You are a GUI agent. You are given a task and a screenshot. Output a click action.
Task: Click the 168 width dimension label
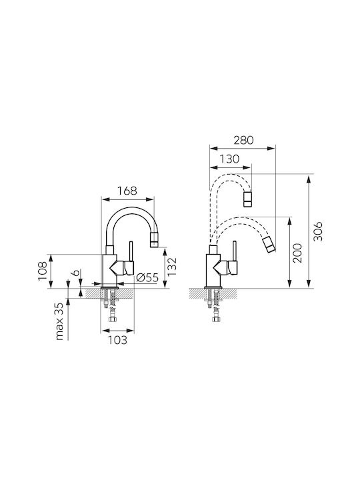[x=127, y=191]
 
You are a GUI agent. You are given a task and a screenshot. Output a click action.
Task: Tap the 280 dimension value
[x=244, y=140]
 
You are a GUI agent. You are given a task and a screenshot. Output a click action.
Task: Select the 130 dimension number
[x=229, y=159]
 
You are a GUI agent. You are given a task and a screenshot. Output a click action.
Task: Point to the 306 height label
[x=319, y=231]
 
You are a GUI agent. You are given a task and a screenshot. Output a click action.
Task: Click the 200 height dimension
[x=297, y=253]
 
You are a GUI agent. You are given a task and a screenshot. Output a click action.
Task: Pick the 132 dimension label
[x=173, y=266]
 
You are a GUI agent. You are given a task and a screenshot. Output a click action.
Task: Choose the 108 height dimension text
[x=43, y=271]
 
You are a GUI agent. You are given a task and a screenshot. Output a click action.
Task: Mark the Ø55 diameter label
[x=147, y=277]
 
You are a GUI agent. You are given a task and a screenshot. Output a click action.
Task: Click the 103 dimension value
[x=117, y=340]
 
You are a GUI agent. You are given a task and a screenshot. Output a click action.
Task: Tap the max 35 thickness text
[x=59, y=321]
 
